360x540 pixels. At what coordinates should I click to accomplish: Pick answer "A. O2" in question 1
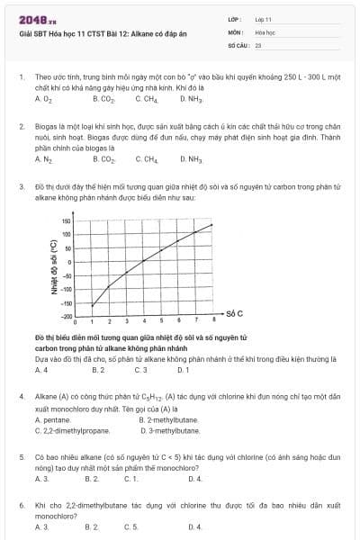[42, 99]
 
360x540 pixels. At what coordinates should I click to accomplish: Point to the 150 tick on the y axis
[66, 221]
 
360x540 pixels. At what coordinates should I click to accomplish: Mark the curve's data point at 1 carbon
[93, 305]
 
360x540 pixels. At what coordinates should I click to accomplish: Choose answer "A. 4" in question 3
[41, 370]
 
